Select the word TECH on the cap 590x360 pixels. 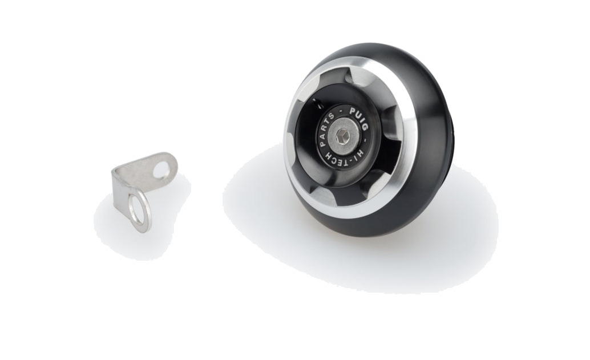point(337,160)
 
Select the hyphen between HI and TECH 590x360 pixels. point(351,160)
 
